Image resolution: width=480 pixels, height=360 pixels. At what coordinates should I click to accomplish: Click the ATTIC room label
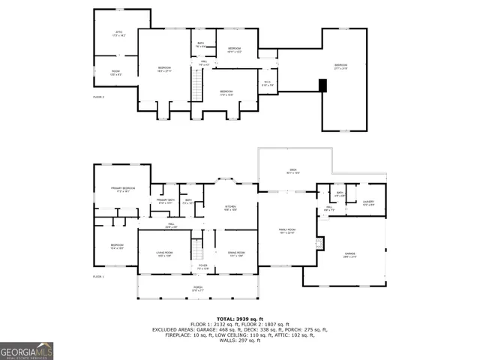coord(118,33)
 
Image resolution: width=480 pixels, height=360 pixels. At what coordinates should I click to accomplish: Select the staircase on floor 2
coord(197,91)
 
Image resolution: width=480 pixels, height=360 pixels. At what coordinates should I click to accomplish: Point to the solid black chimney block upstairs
coord(322,85)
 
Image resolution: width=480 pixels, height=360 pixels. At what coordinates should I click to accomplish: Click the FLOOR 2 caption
coord(98,97)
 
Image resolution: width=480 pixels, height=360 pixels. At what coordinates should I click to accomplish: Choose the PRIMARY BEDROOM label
coord(121,190)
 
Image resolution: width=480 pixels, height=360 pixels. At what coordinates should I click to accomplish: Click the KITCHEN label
coord(231,208)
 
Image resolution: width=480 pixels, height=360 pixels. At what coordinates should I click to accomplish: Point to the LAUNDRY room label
coord(368,202)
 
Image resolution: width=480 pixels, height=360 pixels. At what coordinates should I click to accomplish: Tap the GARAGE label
coord(349,255)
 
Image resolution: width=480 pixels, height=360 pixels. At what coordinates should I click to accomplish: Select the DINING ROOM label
coord(236,253)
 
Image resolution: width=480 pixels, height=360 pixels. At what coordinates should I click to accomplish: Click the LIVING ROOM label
coord(165,253)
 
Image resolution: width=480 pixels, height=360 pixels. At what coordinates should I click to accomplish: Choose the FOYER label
coord(202,266)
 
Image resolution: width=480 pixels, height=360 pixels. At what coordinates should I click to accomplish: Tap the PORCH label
coord(197,288)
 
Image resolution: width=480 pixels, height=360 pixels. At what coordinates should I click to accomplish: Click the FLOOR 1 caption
coord(98,277)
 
